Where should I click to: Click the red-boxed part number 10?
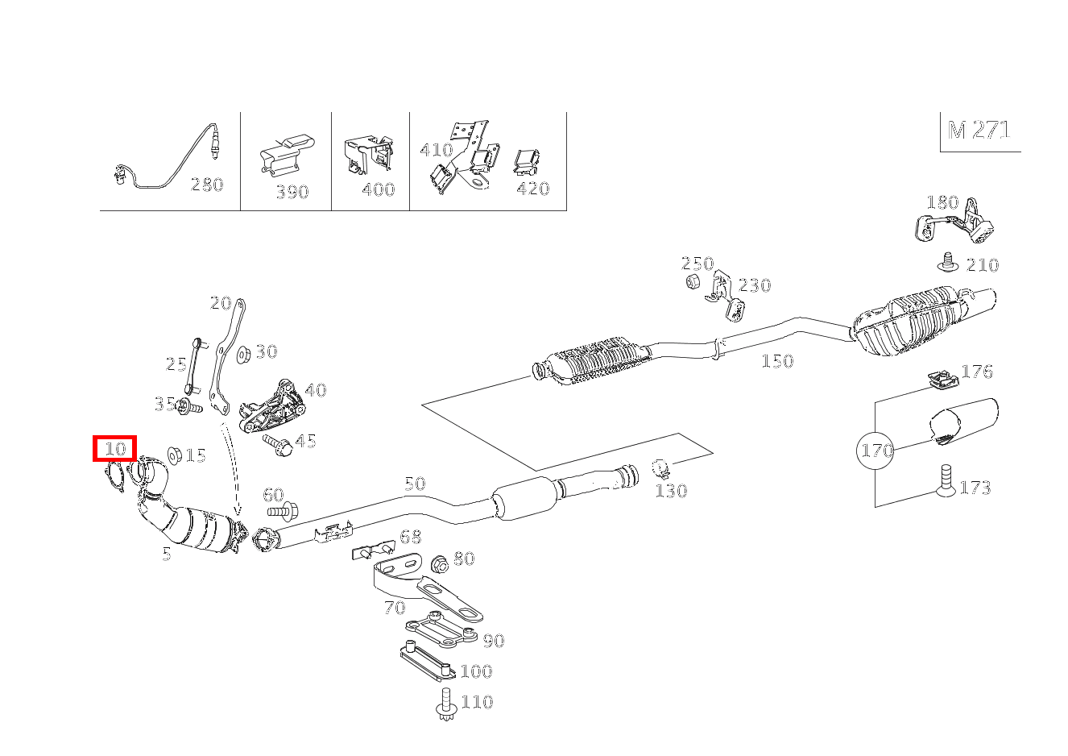tap(115, 449)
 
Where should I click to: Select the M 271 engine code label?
tap(979, 131)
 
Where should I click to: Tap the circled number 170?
tap(876, 450)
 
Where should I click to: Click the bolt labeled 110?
tap(445, 704)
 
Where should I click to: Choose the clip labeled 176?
tap(938, 380)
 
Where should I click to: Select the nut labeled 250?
tap(691, 281)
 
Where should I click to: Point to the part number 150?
tap(777, 361)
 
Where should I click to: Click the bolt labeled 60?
tap(282, 510)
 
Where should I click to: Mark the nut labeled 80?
tap(439, 563)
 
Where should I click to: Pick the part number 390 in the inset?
tap(292, 192)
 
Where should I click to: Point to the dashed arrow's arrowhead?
tap(238, 513)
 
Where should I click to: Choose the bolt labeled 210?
tap(947, 262)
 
